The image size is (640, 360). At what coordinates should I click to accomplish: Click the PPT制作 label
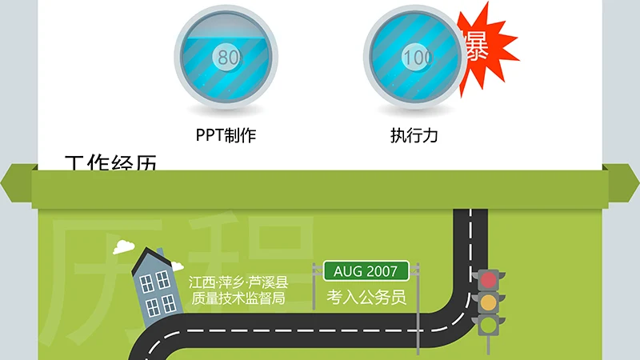pyautogui.click(x=226, y=135)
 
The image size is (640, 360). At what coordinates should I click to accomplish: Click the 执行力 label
pyautogui.click(x=414, y=135)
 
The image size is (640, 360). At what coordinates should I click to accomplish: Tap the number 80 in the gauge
pyautogui.click(x=228, y=57)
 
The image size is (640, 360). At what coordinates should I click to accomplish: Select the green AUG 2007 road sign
pyautogui.click(x=366, y=271)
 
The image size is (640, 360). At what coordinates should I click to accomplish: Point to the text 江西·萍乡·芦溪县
pyautogui.click(x=238, y=283)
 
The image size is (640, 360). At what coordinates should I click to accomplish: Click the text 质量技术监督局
pyautogui.click(x=238, y=299)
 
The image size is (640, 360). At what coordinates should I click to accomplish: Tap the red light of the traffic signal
pyautogui.click(x=488, y=281)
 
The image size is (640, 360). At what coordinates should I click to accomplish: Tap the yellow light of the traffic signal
pyautogui.click(x=488, y=303)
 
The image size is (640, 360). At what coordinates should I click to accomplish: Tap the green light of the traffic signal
pyautogui.click(x=488, y=325)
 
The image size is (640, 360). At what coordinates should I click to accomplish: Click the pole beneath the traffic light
pyautogui.click(x=488, y=349)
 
